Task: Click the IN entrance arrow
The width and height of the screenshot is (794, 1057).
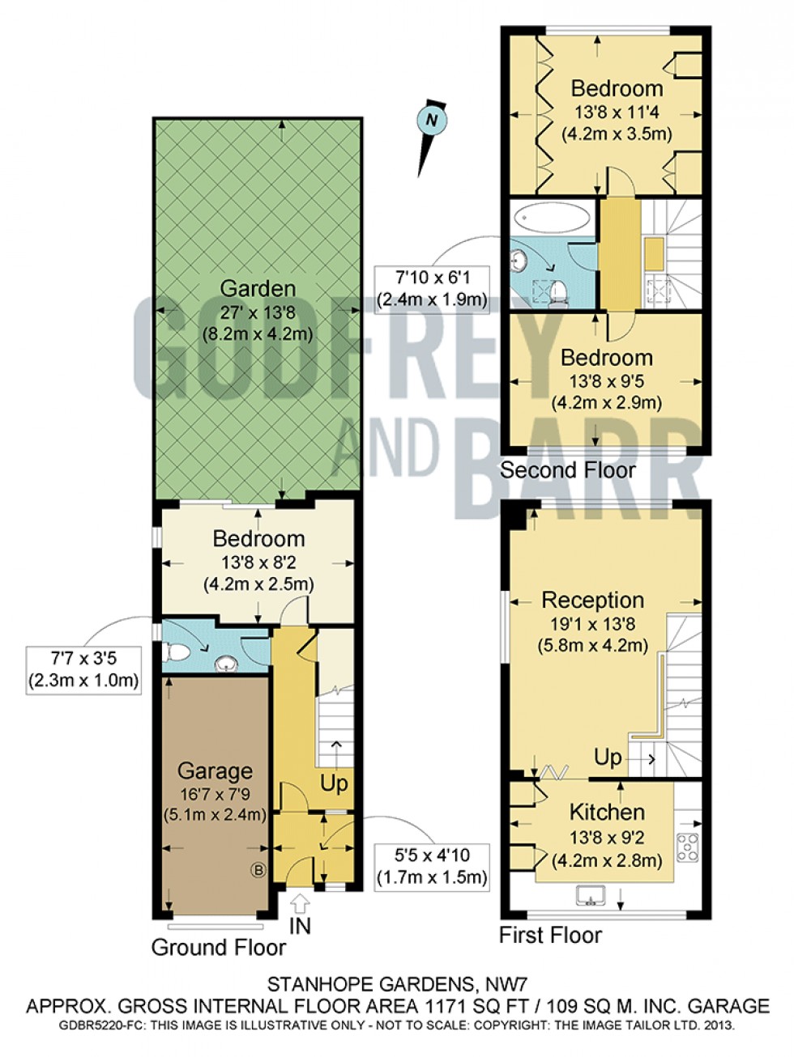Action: click(x=301, y=902)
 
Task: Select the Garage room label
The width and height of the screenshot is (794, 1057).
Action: click(x=215, y=770)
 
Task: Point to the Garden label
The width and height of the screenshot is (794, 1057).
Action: click(x=258, y=288)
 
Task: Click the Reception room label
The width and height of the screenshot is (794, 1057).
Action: click(x=592, y=600)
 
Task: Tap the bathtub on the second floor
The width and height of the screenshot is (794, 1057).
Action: click(x=553, y=219)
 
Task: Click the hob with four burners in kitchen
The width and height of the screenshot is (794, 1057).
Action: click(x=688, y=847)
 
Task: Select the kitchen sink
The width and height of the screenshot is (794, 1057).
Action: click(x=591, y=894)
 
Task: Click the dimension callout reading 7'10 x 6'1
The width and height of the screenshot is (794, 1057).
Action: click(x=432, y=290)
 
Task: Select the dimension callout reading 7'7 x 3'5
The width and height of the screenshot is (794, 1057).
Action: click(x=83, y=670)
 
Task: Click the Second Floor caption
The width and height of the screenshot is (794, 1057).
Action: click(x=568, y=469)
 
